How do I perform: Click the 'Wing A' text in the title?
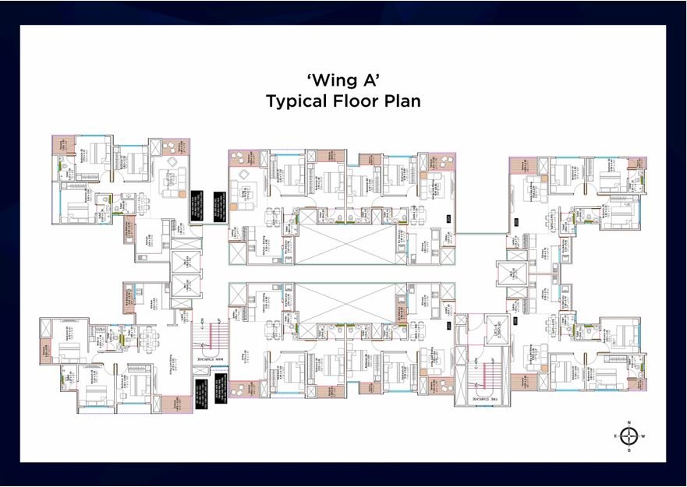(343, 79)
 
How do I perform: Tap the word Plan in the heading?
(401, 101)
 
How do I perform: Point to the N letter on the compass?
(629, 422)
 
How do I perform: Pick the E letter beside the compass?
(615, 437)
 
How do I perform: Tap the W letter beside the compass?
(644, 437)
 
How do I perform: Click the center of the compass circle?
(629, 436)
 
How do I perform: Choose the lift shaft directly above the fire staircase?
(494, 328)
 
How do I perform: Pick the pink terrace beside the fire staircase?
(443, 386)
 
